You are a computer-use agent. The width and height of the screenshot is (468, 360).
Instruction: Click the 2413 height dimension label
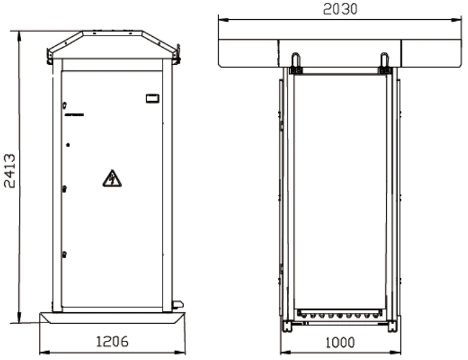tap(10, 171)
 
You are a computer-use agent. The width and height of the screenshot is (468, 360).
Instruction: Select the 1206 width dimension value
tap(112, 342)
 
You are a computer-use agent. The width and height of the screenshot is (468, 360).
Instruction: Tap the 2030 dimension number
tap(340, 9)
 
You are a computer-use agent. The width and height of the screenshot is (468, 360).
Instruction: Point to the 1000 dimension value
tap(340, 343)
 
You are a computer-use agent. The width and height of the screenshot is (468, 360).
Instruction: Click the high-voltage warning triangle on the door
tap(112, 178)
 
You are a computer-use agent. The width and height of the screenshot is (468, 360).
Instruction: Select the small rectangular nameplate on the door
tap(152, 98)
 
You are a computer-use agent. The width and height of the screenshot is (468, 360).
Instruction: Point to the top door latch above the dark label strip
tap(64, 105)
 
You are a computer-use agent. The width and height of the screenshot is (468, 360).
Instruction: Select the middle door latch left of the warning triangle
tap(64, 189)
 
